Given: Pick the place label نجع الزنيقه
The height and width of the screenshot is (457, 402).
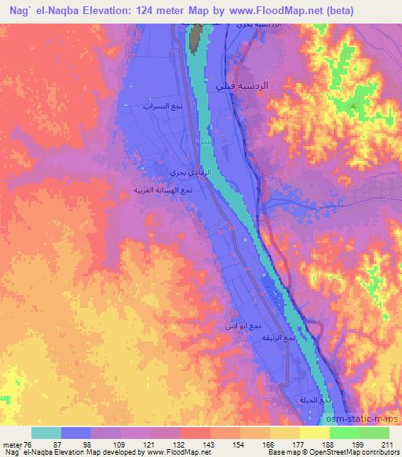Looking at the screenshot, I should [278, 338].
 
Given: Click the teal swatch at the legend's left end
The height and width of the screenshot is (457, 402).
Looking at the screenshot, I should [46, 433].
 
